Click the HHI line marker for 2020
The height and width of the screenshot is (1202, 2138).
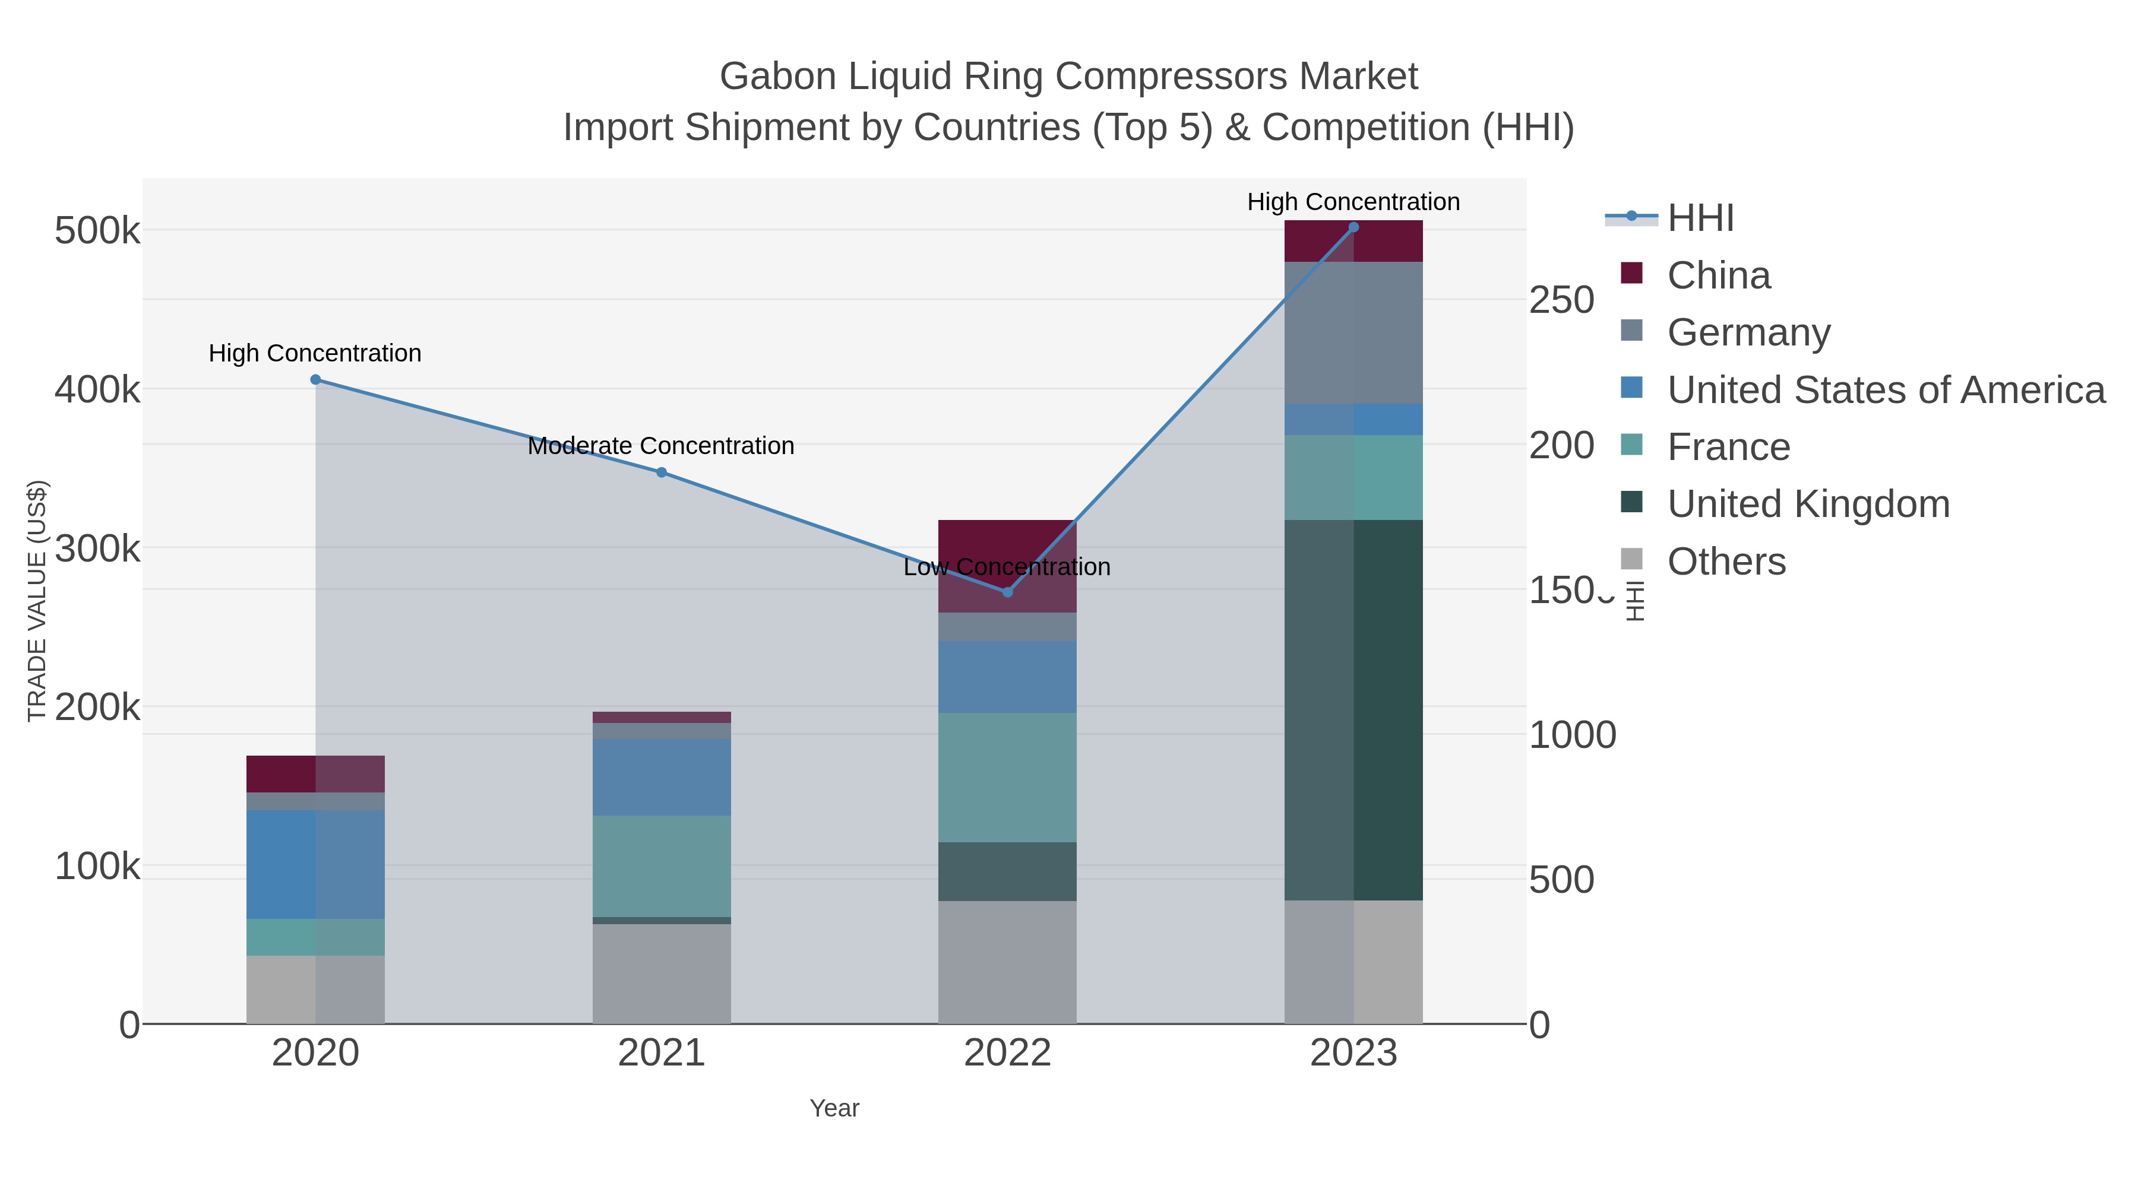(315, 380)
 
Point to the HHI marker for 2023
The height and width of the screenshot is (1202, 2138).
(1353, 227)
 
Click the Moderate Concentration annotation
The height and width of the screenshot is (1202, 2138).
(660, 446)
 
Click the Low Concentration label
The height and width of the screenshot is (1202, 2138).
(1007, 567)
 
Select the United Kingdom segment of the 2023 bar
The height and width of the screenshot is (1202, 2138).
(1353, 709)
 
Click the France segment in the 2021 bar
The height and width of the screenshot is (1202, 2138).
(662, 865)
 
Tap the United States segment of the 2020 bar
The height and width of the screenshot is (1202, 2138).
(315, 864)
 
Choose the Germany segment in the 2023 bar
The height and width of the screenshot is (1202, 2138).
(1353, 332)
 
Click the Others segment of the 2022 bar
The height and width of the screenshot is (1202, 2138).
(1008, 962)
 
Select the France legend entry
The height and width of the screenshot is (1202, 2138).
(1728, 447)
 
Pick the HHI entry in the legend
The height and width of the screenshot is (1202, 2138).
(1700, 218)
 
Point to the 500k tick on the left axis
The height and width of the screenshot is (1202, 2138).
(97, 231)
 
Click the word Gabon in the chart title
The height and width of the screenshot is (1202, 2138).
(777, 77)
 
